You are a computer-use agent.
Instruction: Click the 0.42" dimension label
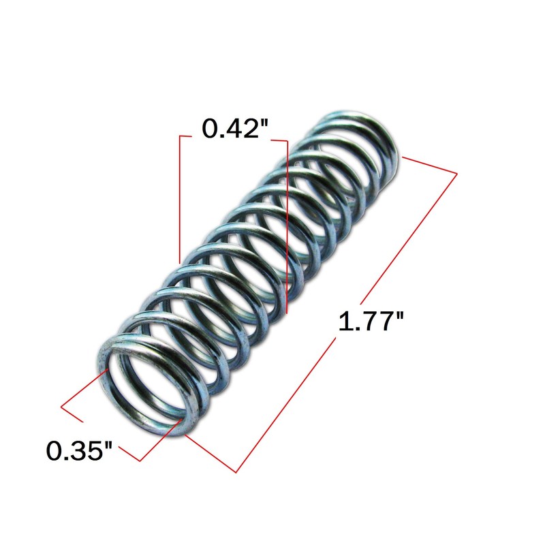(235, 129)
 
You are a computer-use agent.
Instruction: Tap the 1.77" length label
(371, 321)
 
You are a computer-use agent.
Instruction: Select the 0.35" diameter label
(80, 451)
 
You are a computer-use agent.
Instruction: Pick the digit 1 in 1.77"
(345, 322)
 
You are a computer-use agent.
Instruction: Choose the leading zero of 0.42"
(210, 129)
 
